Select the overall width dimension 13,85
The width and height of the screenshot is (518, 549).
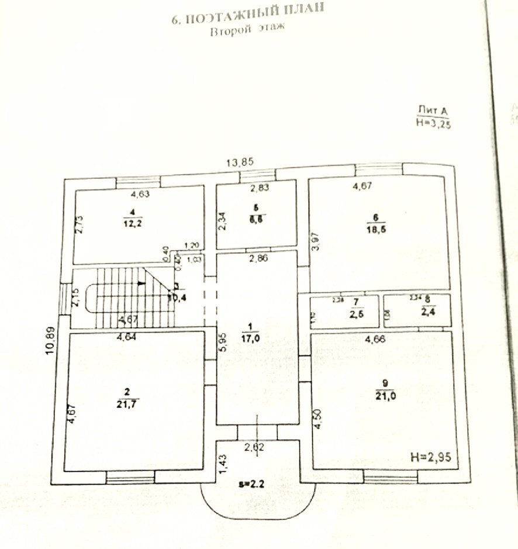(240, 163)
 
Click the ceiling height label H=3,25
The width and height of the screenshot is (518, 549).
(433, 123)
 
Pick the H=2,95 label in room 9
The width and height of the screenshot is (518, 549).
(431, 457)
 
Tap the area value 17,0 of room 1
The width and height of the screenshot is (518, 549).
(250, 337)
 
